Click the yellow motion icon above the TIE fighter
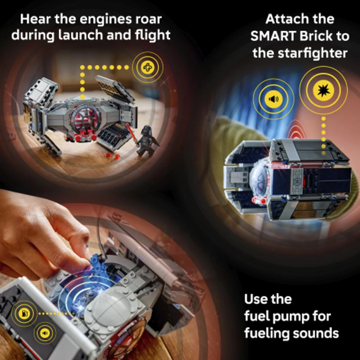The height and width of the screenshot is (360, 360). click(x=148, y=67)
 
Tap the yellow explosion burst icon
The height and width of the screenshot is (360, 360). click(x=324, y=90)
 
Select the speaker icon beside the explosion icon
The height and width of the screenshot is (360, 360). click(x=273, y=99)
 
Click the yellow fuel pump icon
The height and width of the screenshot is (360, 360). click(x=24, y=314)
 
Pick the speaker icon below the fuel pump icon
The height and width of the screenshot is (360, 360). click(x=45, y=333)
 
